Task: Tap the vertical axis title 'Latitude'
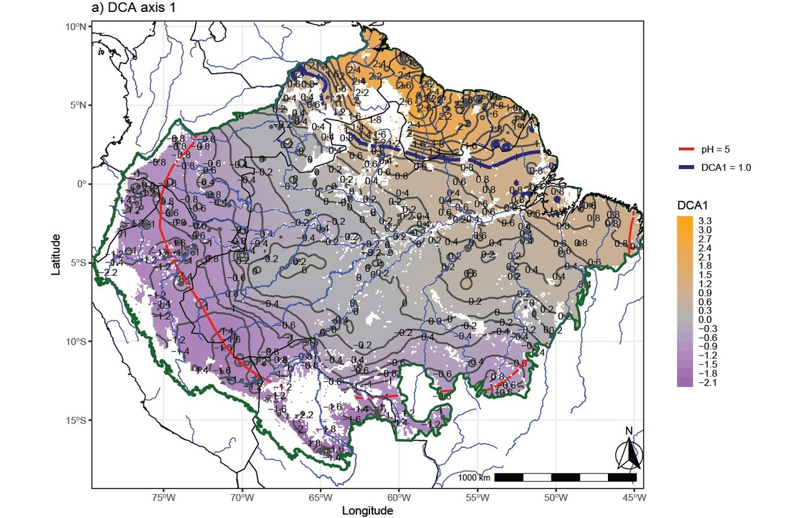point(56,254)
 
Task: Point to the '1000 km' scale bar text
point(474,478)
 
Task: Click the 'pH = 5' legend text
point(715,149)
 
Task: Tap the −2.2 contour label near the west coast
point(110,273)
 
